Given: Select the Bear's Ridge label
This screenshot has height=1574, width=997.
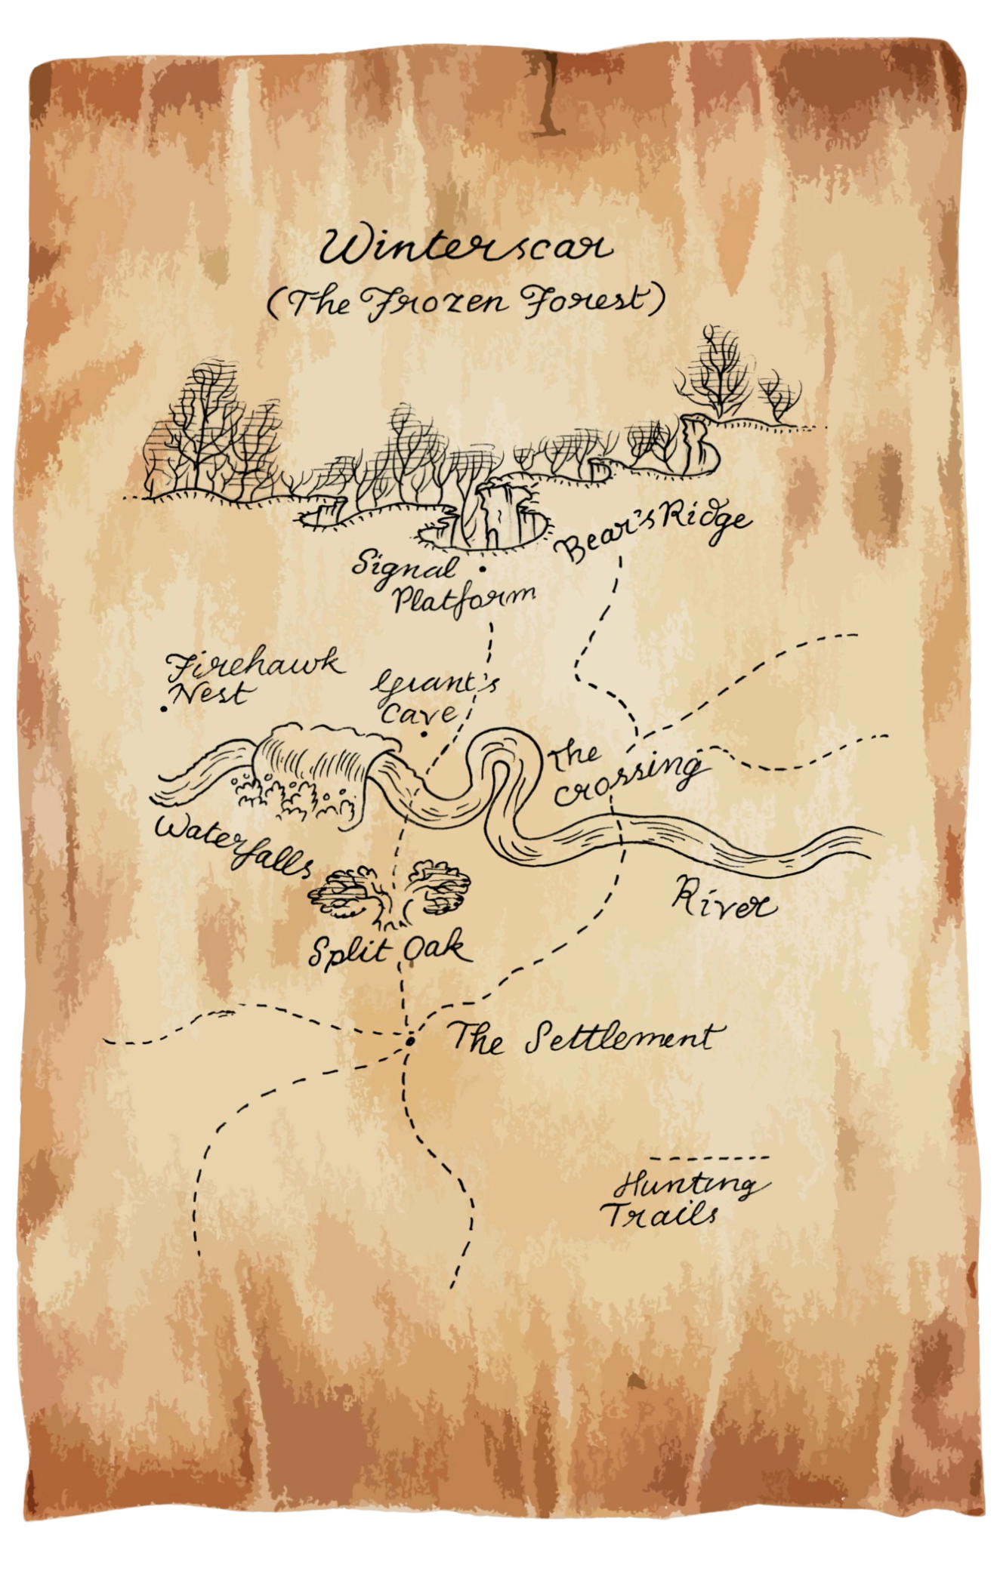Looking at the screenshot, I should click(653, 532).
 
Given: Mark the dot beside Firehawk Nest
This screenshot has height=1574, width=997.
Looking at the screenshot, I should click(164, 709).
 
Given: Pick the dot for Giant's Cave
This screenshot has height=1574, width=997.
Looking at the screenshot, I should click(424, 733).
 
